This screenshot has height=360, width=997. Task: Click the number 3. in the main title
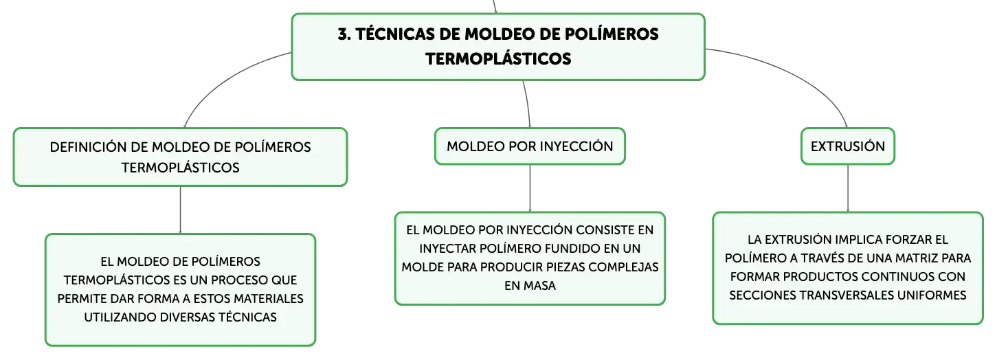344,34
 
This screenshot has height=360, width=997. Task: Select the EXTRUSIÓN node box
847,146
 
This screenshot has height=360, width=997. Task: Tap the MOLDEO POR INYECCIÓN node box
530,146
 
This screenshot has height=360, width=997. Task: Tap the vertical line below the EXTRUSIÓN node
847,188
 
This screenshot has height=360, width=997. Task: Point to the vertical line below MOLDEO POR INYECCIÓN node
530,188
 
